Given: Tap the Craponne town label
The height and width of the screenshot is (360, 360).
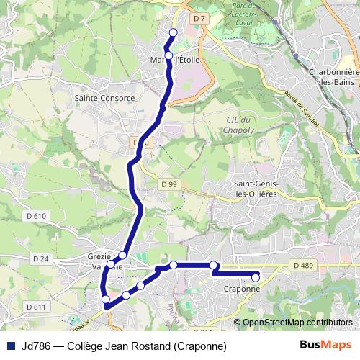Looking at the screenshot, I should [241, 288].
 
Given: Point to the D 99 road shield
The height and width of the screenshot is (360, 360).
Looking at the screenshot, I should [169, 185].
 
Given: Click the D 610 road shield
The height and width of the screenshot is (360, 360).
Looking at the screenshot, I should [35, 216].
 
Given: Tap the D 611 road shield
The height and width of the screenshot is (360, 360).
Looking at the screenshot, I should [35, 307].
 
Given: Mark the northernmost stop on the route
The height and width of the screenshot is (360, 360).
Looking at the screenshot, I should [173, 32].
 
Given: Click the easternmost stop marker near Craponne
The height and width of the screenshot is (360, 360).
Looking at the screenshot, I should [256, 277].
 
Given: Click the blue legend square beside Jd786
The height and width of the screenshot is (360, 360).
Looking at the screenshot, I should [10, 345].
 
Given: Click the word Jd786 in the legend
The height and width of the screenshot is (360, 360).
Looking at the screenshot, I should [36, 345].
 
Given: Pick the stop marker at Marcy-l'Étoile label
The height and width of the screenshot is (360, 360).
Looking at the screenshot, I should [168, 55].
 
